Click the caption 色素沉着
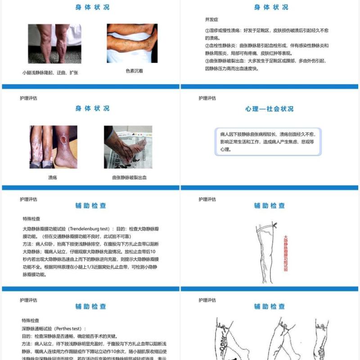coord(134,71)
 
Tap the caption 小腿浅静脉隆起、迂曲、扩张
coord(50,72)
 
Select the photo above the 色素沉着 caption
coord(132,43)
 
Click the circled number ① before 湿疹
coord(207,31)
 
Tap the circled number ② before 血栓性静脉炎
coord(207,45)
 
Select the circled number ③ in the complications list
coord(207,61)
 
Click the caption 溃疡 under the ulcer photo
coord(53,178)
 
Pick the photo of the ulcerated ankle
coord(53,147)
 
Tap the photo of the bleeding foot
coord(128,147)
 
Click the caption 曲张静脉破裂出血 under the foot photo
coord(129,178)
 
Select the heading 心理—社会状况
coord(269,109)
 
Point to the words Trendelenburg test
coord(88,229)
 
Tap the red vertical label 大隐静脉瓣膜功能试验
coord(285,254)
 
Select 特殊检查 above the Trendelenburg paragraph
coord(31,218)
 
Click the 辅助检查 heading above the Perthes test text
coord(91,306)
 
